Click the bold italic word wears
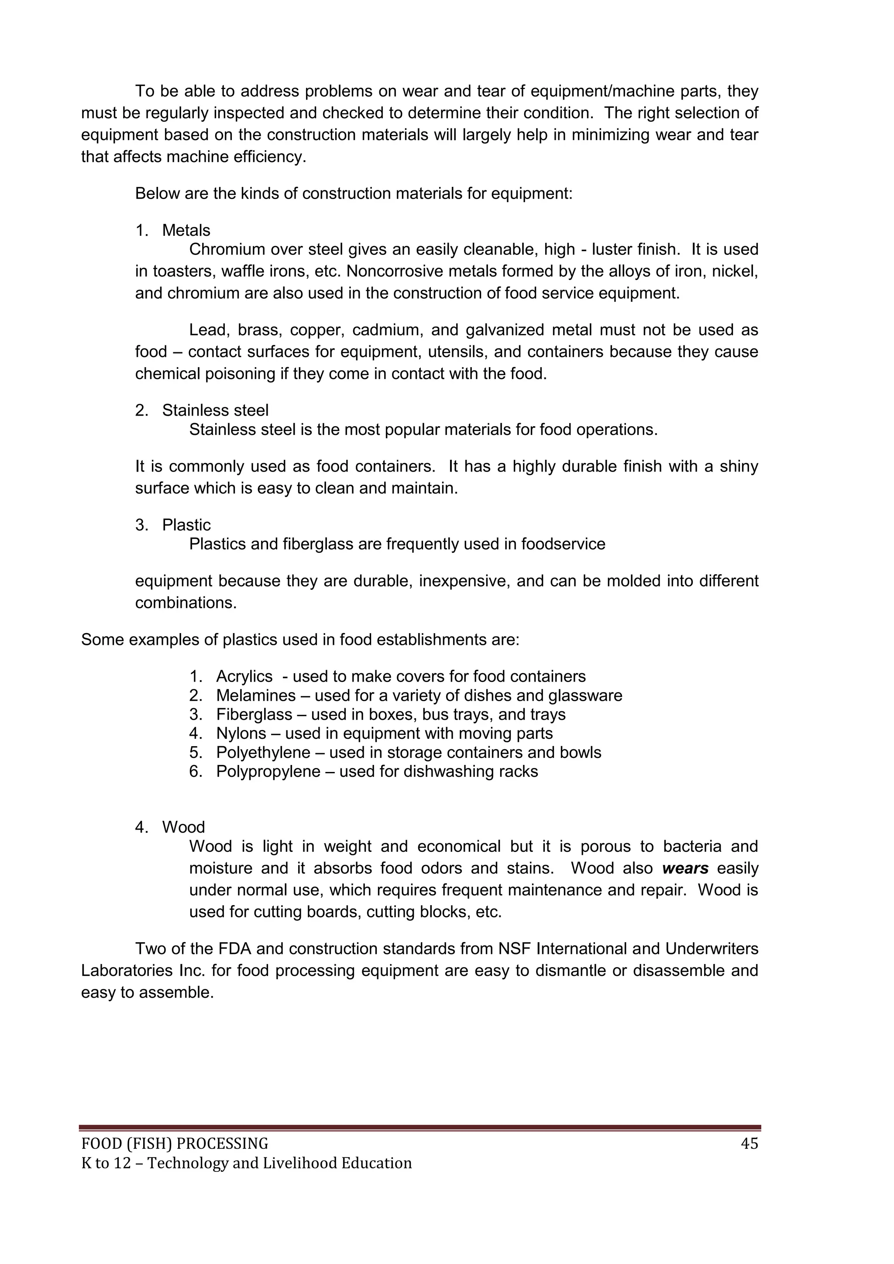pos(685,868)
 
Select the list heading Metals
pos(186,230)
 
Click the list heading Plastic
pos(186,525)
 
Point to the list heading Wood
pos(183,827)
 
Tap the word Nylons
pos(241,734)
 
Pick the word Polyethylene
pos(263,753)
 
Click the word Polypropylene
pos(268,771)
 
